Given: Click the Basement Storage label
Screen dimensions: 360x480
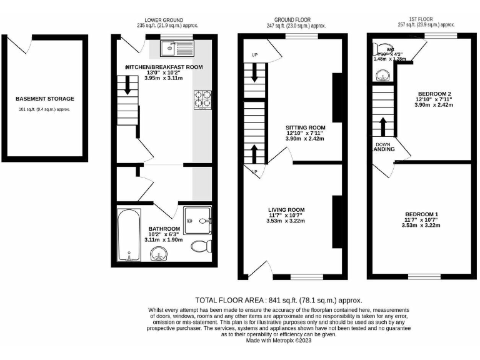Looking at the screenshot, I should [x=45, y=99].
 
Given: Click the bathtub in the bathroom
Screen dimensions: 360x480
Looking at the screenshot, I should [x=128, y=235].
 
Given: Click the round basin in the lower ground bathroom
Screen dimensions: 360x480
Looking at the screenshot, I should [x=159, y=254].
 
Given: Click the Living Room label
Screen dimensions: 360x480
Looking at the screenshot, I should [x=286, y=210].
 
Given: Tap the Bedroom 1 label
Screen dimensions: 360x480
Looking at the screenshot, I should [x=421, y=214].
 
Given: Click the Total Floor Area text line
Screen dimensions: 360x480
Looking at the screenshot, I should [x=279, y=300].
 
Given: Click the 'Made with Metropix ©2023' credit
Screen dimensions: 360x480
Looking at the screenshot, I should [x=279, y=341].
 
